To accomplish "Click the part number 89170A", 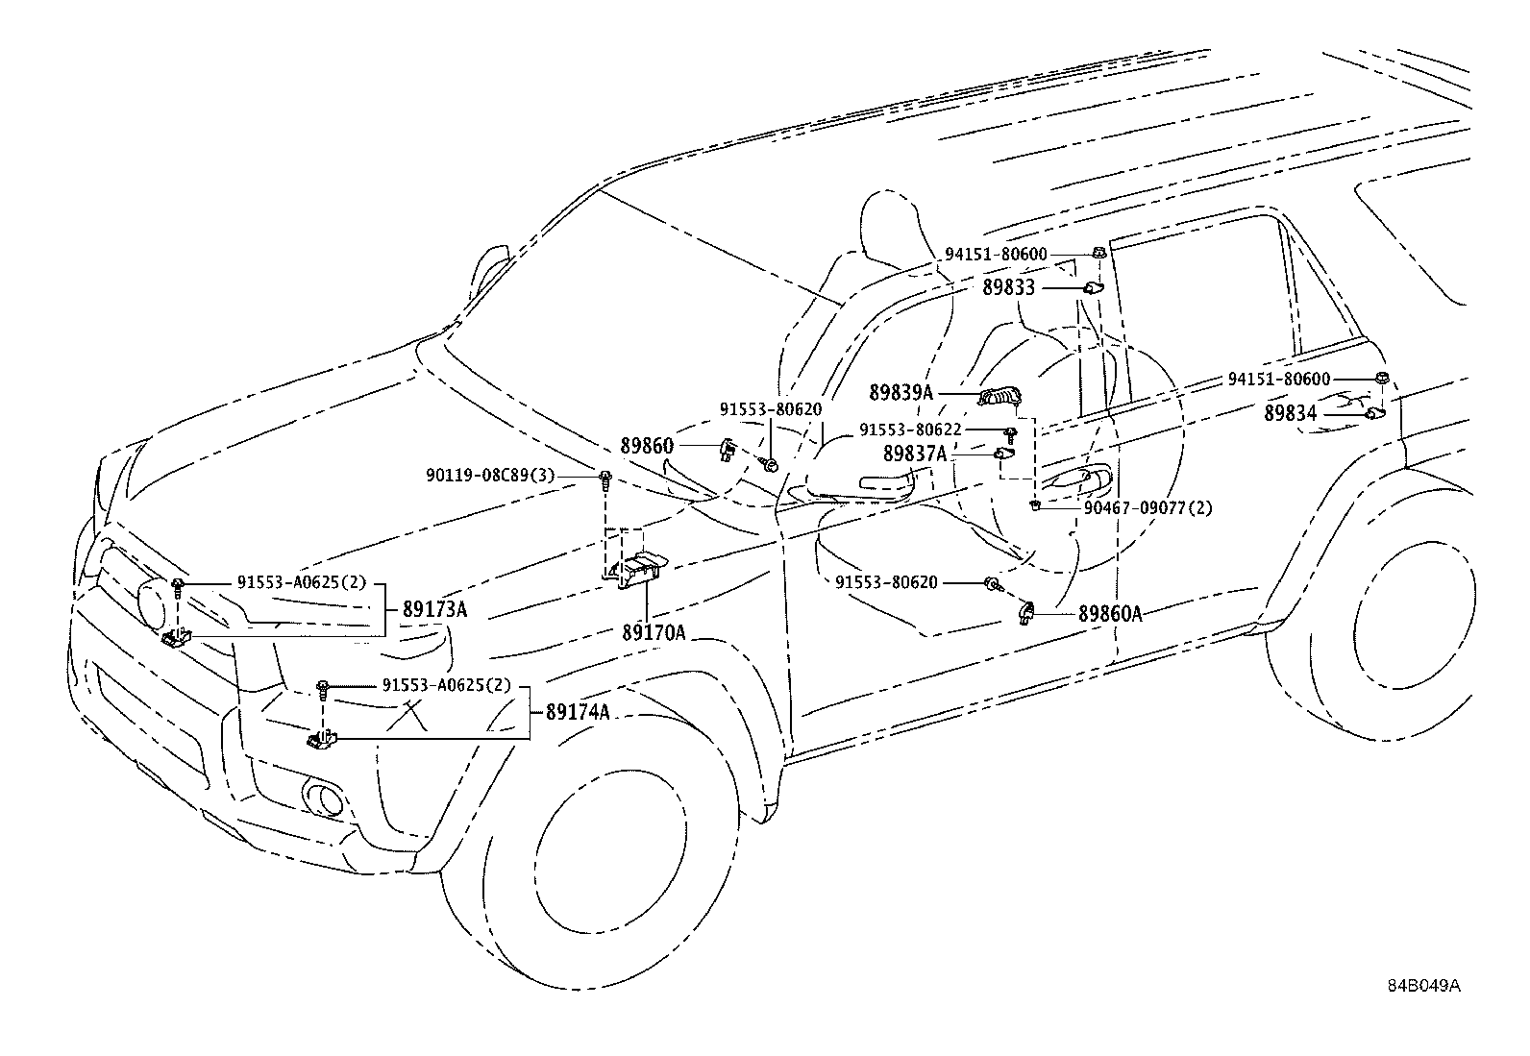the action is pos(653,633).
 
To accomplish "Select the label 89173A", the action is pos(434,609).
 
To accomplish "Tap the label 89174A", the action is pos(578,712).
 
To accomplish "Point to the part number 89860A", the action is pos(1110,615).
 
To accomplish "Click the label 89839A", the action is pos(901,393).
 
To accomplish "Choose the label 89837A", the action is pos(915,454).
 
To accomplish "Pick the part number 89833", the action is pos(1009,287).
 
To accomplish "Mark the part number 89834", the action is pos(1291,413).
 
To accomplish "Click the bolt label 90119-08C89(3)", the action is pos(490,476).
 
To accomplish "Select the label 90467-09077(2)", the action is pos(1148,508).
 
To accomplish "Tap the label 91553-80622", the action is pos(910,430).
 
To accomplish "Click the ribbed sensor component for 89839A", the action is pos(1001,397).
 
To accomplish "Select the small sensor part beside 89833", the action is pos(1093,288).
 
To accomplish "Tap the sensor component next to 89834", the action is pos(1375,413).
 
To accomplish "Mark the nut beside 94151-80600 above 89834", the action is pos(1382,378).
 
